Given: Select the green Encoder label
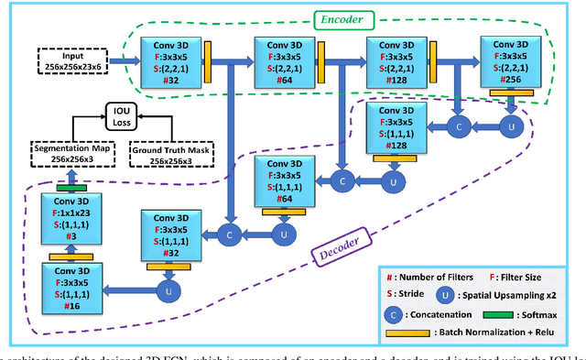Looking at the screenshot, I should [x=340, y=18].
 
